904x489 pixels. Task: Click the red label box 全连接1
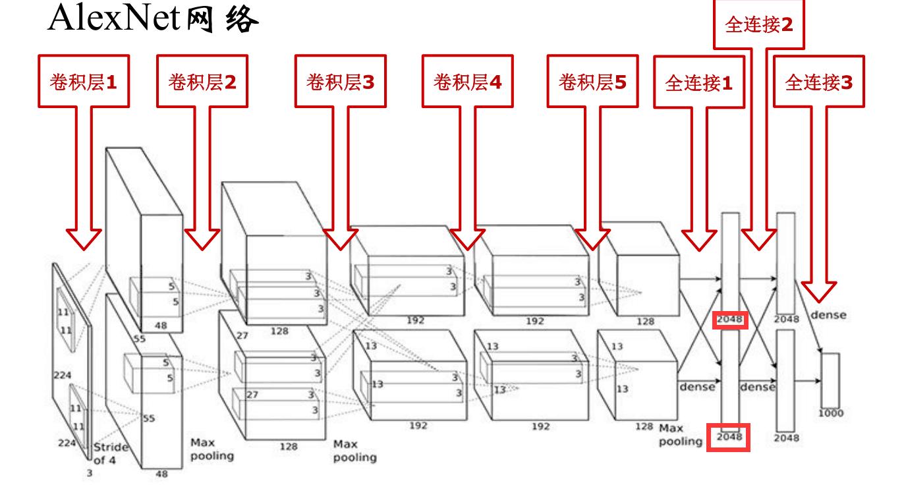coord(699,83)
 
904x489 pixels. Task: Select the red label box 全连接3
coord(818,83)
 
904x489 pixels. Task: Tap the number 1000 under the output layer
coord(831,414)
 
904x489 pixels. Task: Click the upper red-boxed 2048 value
coord(729,320)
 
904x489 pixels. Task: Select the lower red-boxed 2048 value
coord(729,437)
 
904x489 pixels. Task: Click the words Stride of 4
coord(110,453)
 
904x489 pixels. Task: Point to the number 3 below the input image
coord(90,473)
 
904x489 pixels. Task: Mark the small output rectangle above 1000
coord(830,380)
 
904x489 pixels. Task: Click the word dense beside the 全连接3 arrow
coord(829,315)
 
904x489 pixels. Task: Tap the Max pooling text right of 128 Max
coord(681,435)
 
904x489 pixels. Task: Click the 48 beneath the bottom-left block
coord(161,473)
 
